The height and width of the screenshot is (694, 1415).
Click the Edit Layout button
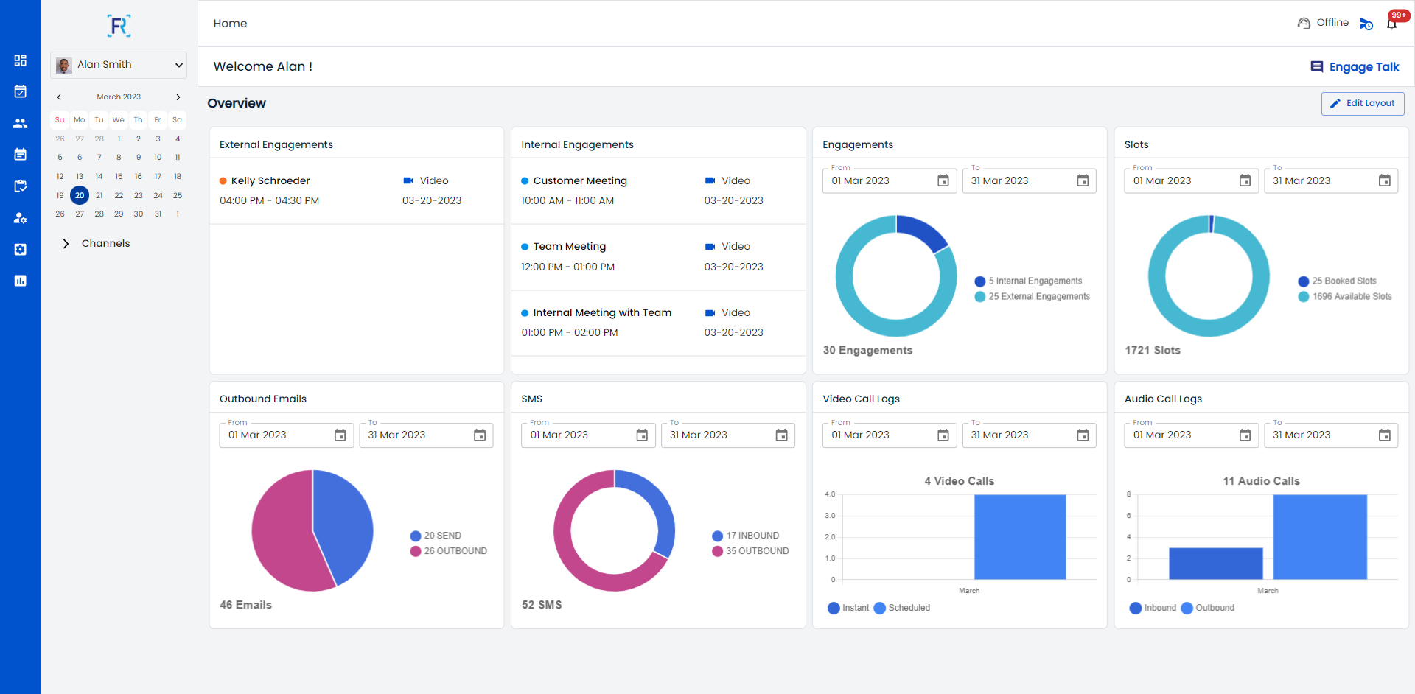click(1363, 104)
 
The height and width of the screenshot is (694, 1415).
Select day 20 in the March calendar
click(80, 195)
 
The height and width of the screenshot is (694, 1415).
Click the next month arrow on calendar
click(178, 97)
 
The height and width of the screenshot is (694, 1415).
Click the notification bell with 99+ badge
click(1391, 24)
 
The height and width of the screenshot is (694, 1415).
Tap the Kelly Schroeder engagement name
click(270, 181)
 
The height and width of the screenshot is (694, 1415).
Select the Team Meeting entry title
click(569, 247)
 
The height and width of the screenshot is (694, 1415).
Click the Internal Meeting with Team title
click(602, 313)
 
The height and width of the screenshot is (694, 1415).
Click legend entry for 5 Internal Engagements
click(1035, 281)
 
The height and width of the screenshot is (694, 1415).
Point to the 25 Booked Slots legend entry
click(1344, 281)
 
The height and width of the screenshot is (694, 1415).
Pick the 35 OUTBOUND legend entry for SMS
click(757, 551)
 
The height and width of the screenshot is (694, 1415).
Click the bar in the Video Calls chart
click(1020, 537)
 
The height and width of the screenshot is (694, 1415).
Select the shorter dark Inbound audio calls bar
click(1215, 564)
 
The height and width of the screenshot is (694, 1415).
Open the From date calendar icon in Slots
click(1245, 181)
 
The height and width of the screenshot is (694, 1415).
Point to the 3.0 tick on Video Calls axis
click(830, 516)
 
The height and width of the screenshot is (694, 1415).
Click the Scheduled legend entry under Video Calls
click(909, 609)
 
